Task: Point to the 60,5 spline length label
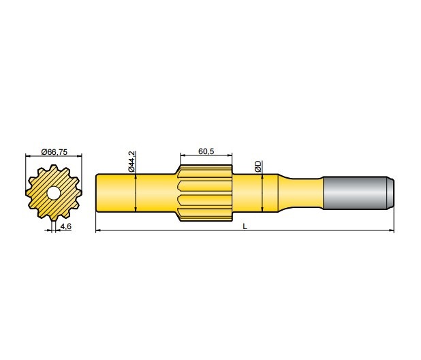pyautogui.click(x=206, y=151)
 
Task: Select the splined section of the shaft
pyautogui.click(x=205, y=194)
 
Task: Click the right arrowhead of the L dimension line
pyautogui.click(x=392, y=231)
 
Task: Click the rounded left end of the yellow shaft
pyautogui.click(x=97, y=194)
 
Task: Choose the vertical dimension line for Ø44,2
pyautogui.click(x=136, y=194)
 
